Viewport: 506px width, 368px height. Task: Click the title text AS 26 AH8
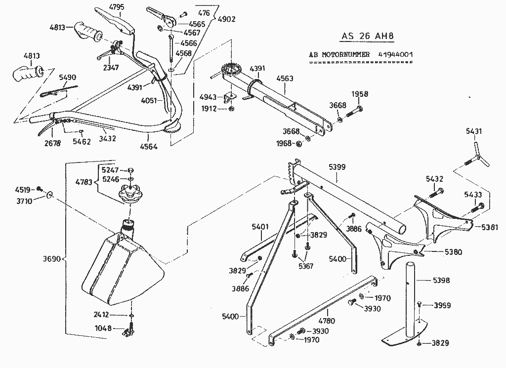(368, 37)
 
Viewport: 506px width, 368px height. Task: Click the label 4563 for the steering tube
(285, 79)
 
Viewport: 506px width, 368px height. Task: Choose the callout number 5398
(441, 281)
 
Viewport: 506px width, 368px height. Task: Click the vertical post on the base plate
(409, 296)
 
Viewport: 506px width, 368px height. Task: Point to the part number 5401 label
(260, 227)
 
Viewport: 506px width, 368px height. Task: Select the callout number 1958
(360, 94)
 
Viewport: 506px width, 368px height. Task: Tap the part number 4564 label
(149, 147)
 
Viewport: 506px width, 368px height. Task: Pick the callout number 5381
(490, 228)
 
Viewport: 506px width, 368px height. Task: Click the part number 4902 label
(226, 19)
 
